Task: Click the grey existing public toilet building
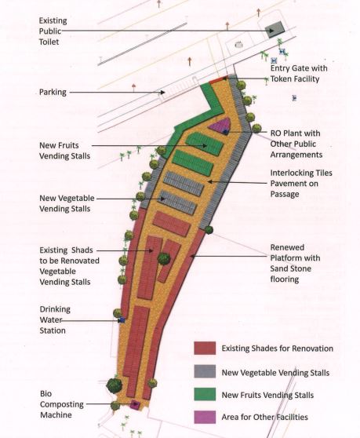point(275,29)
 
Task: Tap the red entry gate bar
point(219,80)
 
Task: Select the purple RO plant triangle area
point(220,125)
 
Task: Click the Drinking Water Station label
point(55,319)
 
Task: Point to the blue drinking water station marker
point(122,320)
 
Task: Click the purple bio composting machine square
point(136,404)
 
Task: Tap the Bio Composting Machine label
point(62,404)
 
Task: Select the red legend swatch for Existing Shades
point(205,348)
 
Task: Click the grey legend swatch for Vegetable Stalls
point(205,371)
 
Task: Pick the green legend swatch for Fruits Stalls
point(205,394)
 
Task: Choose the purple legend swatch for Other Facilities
point(205,417)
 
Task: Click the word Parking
point(53,92)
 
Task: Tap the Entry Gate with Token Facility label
point(299,74)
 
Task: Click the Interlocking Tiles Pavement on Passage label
point(301,184)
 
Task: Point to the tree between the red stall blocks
point(164,259)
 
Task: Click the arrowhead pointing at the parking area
point(162,92)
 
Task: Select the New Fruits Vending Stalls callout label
point(65,151)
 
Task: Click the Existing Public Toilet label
point(53,31)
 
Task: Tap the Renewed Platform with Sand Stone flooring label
point(295,263)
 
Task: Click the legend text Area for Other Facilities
point(264,417)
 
